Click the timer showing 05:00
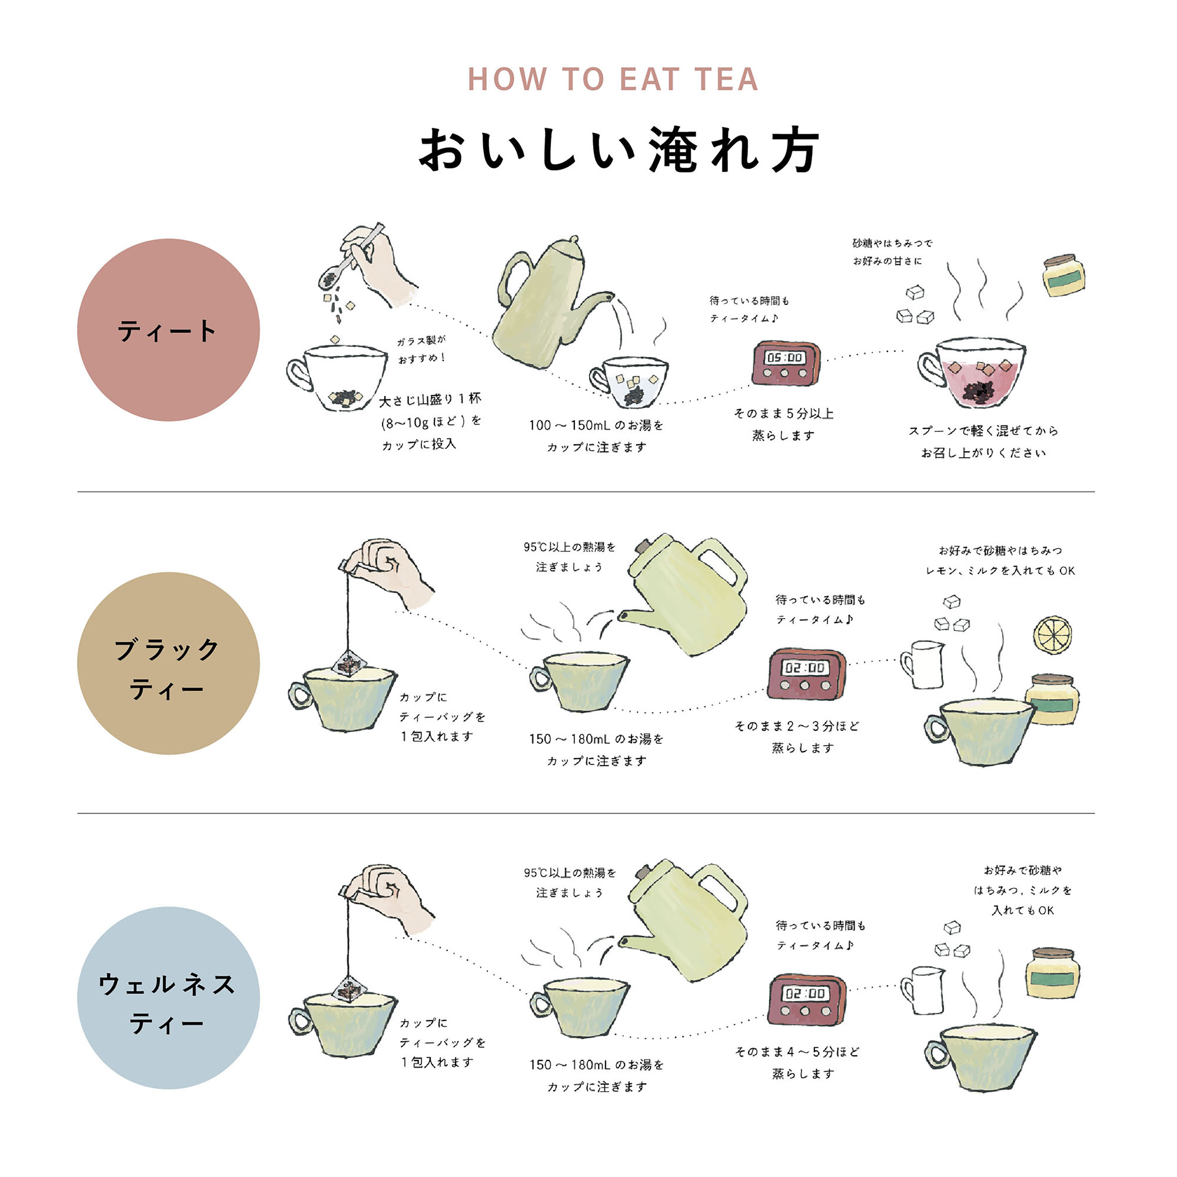(786, 364)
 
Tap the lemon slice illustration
(1052, 636)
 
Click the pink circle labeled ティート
(168, 330)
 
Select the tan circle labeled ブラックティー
(168, 663)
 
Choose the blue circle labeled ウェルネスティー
(168, 998)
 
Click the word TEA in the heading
(726, 80)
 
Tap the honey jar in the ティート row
(1063, 276)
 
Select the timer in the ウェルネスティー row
(806, 999)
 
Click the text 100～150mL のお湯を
(596, 425)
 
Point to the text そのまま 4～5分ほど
(797, 1052)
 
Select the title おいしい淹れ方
(620, 151)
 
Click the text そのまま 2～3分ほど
(797, 726)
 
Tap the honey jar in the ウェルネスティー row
(1052, 973)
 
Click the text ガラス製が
(421, 341)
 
